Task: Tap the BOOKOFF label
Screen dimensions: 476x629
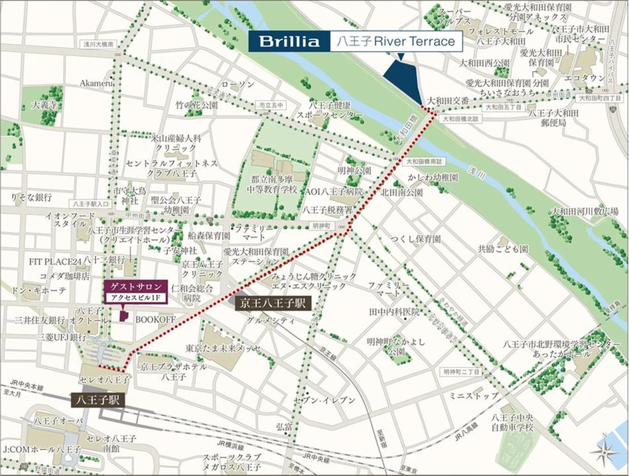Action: click(x=155, y=319)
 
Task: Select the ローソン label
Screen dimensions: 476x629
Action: click(x=238, y=84)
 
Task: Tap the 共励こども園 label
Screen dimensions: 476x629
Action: click(x=502, y=248)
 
